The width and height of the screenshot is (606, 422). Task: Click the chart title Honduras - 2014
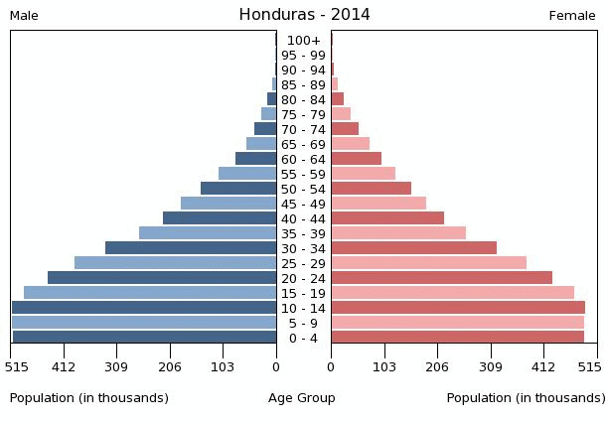click(x=304, y=15)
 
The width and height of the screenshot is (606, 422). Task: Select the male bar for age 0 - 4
click(x=144, y=338)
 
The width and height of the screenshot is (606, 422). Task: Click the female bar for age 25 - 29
click(x=428, y=263)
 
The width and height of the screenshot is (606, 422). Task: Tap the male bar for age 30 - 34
click(x=191, y=248)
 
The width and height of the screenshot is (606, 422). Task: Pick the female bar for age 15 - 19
click(x=452, y=293)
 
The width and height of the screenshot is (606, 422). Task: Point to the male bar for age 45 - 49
click(x=228, y=204)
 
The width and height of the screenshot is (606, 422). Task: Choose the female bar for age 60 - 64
click(x=356, y=159)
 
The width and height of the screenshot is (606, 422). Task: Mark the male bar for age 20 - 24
click(x=162, y=278)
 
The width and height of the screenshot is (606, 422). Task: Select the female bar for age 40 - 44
click(x=387, y=218)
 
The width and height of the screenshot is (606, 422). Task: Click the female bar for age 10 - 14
click(x=458, y=308)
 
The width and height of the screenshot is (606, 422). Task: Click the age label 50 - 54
click(x=303, y=189)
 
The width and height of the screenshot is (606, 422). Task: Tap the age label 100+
click(x=303, y=40)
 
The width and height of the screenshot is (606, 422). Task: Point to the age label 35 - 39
click(x=303, y=233)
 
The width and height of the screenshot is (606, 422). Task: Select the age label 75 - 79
click(x=303, y=114)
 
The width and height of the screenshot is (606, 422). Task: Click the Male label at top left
click(x=24, y=16)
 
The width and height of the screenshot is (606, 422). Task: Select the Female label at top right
click(x=572, y=16)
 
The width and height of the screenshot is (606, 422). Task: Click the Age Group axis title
click(x=302, y=398)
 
